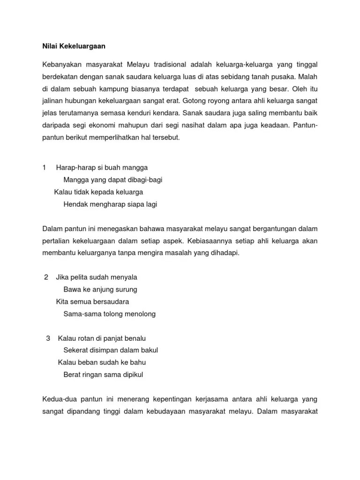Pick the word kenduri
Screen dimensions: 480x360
pyautogui.click(x=141, y=113)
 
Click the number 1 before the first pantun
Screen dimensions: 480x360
pyautogui.click(x=45, y=167)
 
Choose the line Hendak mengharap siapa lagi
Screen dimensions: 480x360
pyautogui.click(x=110, y=204)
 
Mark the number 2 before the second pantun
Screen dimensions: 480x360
pyautogui.click(x=46, y=277)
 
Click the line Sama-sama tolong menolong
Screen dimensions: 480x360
pyautogui.click(x=109, y=314)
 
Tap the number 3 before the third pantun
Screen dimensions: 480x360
pyautogui.click(x=48, y=338)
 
